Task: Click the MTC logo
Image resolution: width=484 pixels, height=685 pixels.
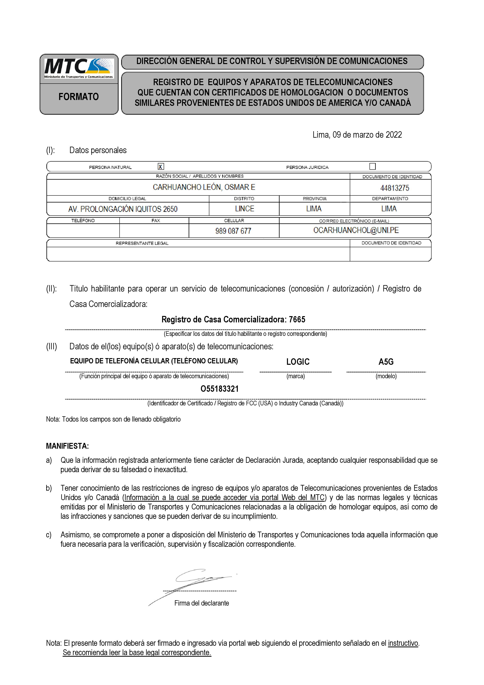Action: coord(79,68)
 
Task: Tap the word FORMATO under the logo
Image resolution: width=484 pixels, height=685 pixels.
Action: coord(79,97)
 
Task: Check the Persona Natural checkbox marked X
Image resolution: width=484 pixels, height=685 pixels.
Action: coord(161,167)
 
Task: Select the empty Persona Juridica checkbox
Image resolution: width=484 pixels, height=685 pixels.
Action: coord(373,166)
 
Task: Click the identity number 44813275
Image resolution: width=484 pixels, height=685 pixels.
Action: coord(395,188)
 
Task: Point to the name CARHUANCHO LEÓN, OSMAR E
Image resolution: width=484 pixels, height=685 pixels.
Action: coord(204,187)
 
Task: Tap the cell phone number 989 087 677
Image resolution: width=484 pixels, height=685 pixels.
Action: coord(233,231)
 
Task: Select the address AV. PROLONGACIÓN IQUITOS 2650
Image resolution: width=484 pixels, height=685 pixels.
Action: coord(123,209)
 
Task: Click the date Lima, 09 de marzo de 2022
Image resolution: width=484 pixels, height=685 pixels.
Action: coord(357,135)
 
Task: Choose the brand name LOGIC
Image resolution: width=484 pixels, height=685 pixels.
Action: coord(298,362)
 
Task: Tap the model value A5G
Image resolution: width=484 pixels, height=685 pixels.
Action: coord(386,362)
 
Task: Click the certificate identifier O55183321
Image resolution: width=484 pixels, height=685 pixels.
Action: coord(220,389)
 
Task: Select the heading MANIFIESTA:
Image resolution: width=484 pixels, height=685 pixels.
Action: coord(67,446)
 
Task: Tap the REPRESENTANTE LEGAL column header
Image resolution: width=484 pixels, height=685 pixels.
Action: coord(142,243)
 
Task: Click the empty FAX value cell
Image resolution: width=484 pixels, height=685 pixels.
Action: coord(154,231)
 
